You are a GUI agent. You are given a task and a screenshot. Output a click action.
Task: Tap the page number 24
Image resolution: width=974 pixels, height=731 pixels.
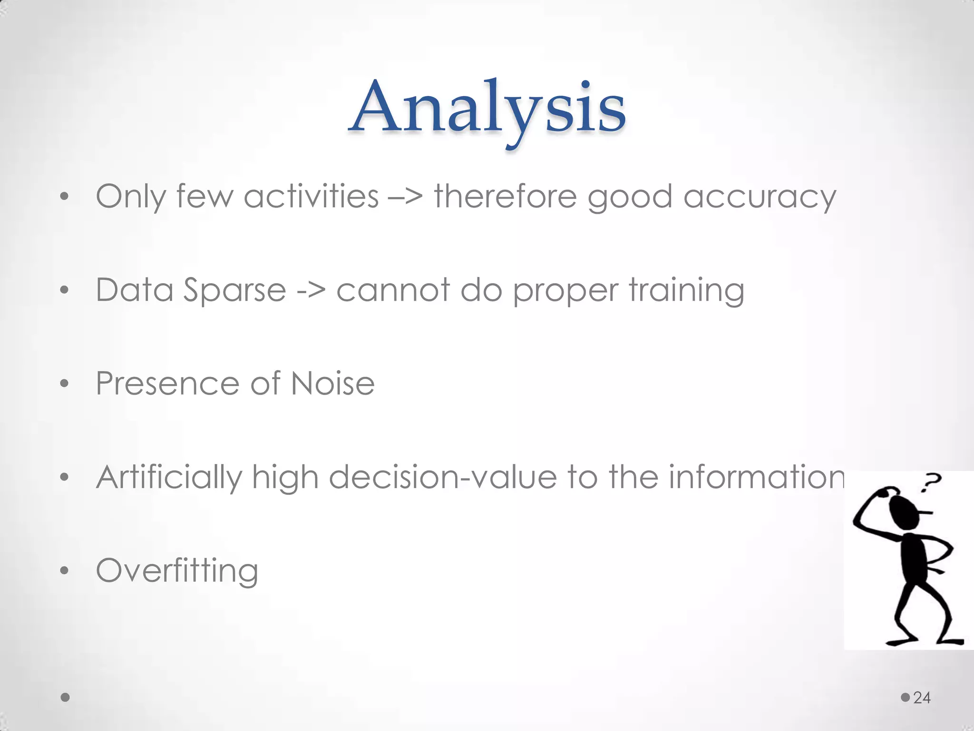922,698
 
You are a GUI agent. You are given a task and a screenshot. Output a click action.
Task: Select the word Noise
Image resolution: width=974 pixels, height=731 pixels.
332,383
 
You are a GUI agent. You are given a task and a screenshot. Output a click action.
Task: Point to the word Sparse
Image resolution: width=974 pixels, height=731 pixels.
234,290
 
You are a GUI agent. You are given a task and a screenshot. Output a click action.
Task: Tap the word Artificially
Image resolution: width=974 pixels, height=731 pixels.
169,477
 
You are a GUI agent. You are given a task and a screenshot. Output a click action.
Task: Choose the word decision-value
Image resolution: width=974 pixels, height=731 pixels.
442,477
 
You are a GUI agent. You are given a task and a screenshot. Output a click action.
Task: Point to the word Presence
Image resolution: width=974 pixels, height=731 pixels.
167,383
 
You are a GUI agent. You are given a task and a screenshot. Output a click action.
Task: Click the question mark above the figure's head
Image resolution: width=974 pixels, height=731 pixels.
931,482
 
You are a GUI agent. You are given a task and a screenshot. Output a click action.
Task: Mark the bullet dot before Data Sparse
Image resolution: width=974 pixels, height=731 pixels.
65,290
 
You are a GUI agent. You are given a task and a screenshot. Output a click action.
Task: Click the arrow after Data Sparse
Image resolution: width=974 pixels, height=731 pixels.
311,291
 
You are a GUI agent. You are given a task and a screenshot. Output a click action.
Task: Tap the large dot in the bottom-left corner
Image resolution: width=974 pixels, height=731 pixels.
66,698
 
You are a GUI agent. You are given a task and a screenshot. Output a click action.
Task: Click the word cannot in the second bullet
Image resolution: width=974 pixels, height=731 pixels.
393,290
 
